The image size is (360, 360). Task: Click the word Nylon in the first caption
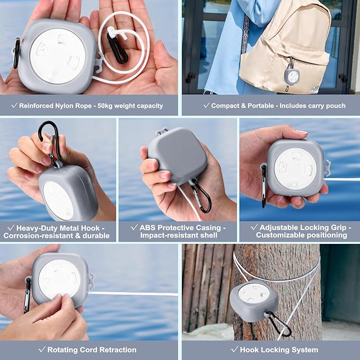pyautogui.click(x=65, y=106)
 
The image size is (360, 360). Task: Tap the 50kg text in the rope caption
pyautogui.click(x=105, y=106)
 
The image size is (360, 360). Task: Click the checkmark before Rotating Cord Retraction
pyautogui.click(x=42, y=349)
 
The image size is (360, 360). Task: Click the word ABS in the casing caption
pyautogui.click(x=147, y=227)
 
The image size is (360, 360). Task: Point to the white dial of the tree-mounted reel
pyautogui.click(x=254, y=293)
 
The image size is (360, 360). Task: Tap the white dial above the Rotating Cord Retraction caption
pyautogui.click(x=59, y=279)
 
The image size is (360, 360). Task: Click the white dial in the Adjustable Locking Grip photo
pyautogui.click(x=295, y=169)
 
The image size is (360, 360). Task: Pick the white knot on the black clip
pyautogui.click(x=112, y=31)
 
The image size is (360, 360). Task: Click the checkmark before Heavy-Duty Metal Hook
pyautogui.click(x=11, y=227)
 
